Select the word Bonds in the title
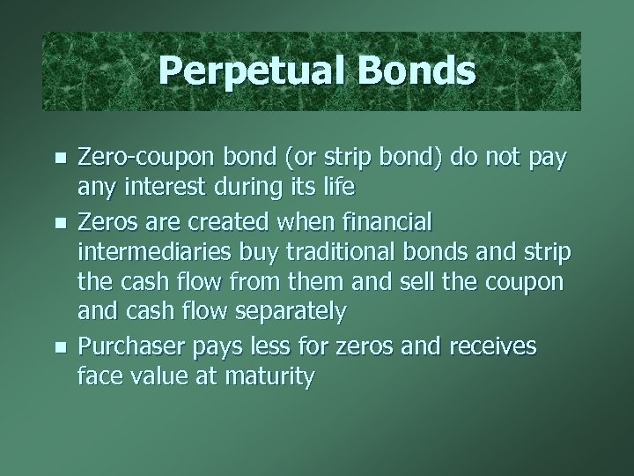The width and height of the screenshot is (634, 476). pos(412,71)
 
